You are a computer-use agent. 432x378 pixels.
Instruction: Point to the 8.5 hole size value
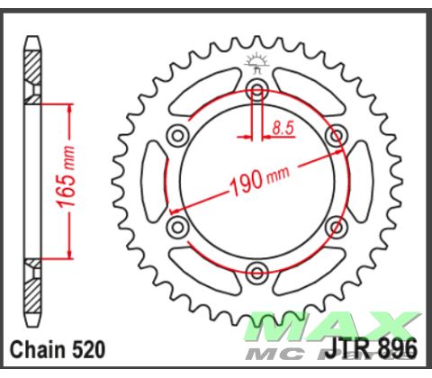283,130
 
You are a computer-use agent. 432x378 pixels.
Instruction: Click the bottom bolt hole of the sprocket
257,272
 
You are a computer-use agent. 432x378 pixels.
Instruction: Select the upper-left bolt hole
177,134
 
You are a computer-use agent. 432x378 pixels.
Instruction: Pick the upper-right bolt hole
337,134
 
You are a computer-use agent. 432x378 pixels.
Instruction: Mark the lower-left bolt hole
177,226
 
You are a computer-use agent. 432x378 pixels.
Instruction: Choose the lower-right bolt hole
337,226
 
